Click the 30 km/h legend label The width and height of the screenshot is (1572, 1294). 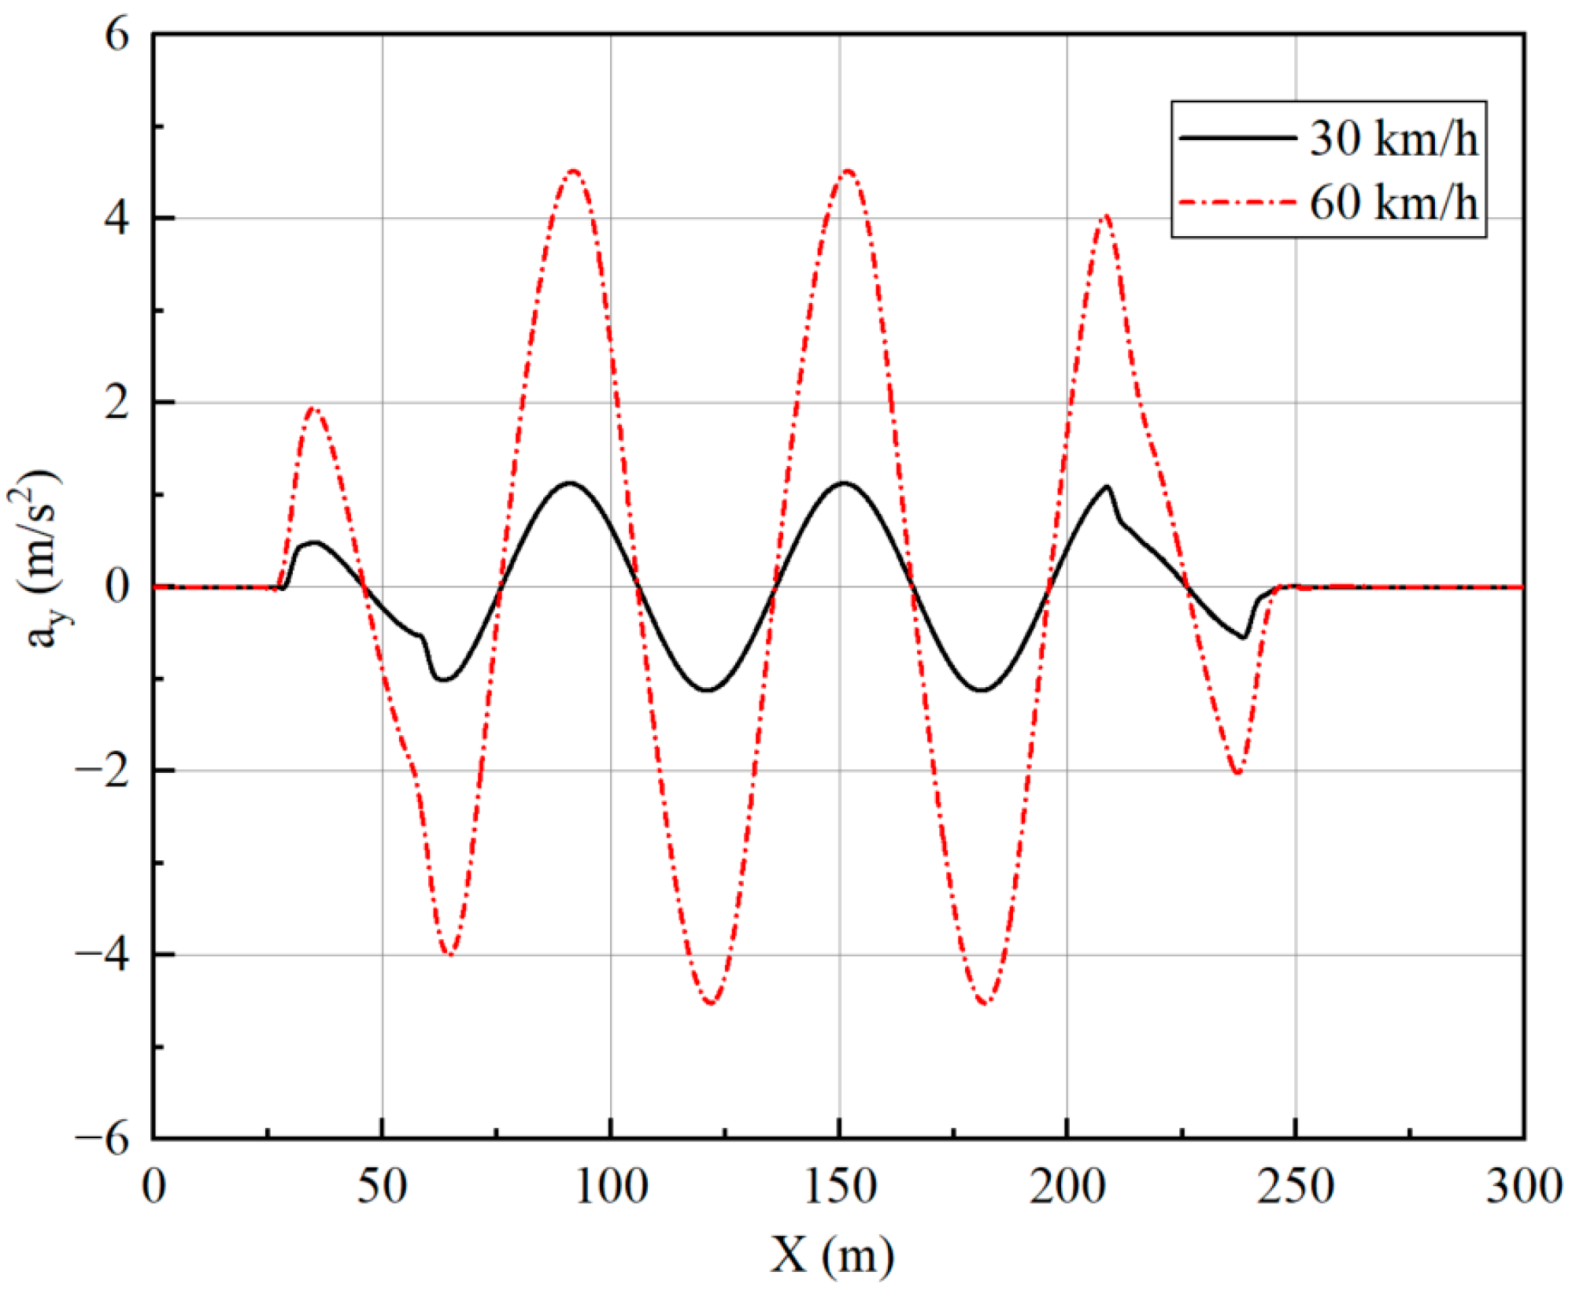point(1393,139)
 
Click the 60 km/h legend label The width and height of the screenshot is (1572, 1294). point(1393,202)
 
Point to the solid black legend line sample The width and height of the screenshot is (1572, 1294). point(1237,138)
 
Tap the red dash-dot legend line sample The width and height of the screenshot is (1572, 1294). point(1237,202)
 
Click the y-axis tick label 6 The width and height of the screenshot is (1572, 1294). point(117,35)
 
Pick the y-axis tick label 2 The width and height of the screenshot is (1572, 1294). point(117,403)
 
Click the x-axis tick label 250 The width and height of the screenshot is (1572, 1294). point(1295,1187)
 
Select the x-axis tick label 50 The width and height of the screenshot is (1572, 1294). point(382,1187)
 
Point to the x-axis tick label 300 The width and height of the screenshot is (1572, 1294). point(1523,1187)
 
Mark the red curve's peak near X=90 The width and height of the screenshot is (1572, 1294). point(573,171)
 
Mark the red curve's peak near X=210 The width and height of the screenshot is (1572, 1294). point(1106,215)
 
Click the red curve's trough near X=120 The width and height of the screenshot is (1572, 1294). point(711,1003)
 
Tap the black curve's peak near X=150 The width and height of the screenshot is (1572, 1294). point(844,482)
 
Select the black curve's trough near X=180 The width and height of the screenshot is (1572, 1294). point(982,690)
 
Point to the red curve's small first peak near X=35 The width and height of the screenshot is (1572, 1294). point(313,409)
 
